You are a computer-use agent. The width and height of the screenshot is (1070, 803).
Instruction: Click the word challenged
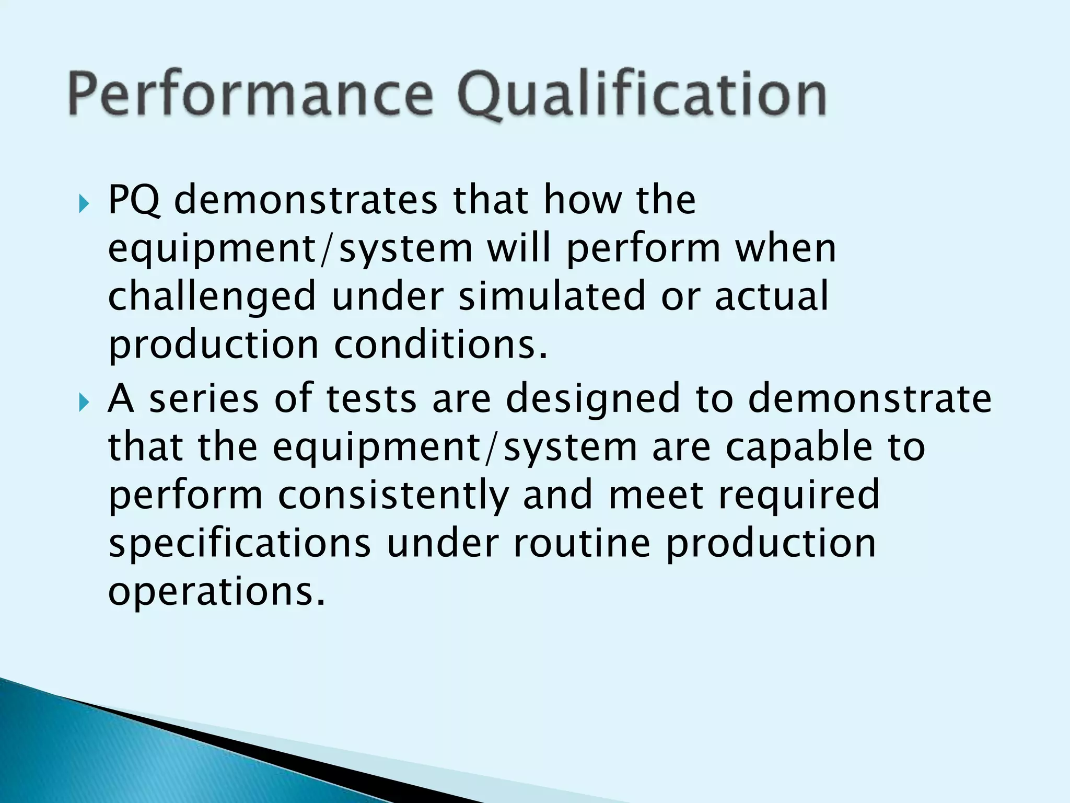[x=212, y=297]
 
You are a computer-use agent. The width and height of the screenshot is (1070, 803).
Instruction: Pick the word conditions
[x=441, y=345]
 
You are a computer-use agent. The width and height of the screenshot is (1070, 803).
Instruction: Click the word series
[x=204, y=398]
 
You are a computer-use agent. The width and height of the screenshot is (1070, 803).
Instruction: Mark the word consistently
[x=393, y=496]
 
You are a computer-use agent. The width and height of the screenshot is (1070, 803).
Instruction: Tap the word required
[x=799, y=496]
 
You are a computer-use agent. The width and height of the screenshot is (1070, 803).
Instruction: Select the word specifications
[x=240, y=544]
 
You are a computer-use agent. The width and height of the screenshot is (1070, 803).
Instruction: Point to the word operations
[x=216, y=592]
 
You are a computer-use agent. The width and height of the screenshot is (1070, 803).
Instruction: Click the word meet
[x=656, y=496]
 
